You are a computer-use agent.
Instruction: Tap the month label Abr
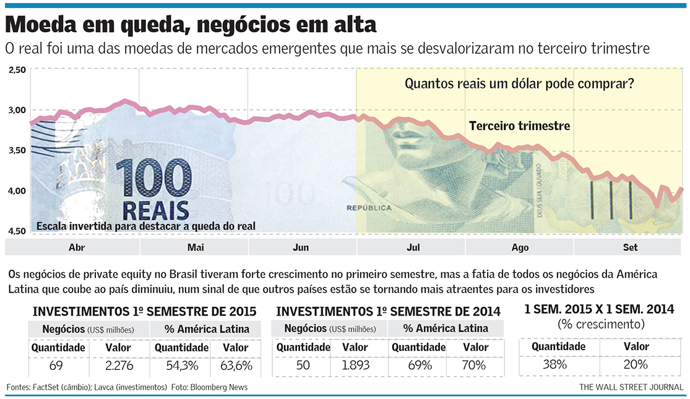(77, 247)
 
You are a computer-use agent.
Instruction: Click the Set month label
(630, 247)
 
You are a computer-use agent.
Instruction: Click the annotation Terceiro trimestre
(519, 126)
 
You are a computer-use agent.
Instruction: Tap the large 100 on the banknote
(153, 179)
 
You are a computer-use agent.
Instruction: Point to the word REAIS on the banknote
(155, 209)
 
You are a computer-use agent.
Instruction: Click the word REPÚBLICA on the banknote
(369, 208)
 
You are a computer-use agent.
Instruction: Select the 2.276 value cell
(119, 366)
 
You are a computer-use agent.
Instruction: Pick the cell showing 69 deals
(56, 366)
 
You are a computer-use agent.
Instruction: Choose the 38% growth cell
(554, 364)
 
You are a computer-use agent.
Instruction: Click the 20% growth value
(636, 364)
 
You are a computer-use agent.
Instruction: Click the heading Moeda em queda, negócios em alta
(190, 25)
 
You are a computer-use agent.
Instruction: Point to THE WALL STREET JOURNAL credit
(631, 387)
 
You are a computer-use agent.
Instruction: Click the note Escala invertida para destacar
(146, 226)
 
